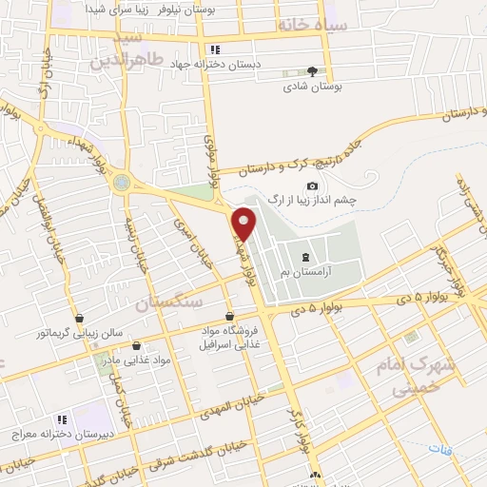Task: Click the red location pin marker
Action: [244, 222]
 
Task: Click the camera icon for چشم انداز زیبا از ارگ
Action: [312, 186]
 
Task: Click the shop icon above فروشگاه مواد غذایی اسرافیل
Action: [229, 316]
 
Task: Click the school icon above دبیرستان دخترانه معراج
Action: [62, 419]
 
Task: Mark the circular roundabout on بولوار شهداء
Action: [121, 182]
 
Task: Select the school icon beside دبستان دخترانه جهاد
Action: [215, 49]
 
